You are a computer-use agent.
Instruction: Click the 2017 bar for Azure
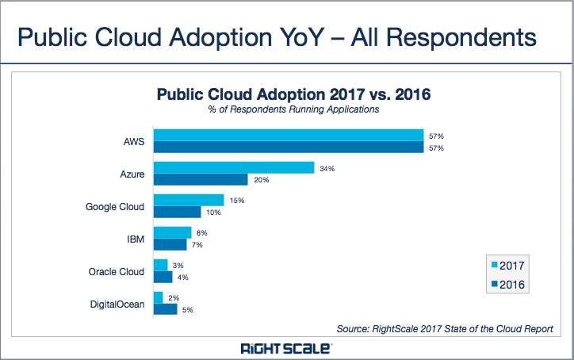click(x=234, y=167)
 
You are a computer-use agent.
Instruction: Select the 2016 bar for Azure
click(x=201, y=179)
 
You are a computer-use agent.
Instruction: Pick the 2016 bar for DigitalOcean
click(x=165, y=308)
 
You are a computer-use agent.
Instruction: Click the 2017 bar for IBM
click(x=172, y=232)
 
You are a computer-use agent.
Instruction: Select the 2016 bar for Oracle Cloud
click(x=163, y=277)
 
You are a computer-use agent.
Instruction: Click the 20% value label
click(x=261, y=180)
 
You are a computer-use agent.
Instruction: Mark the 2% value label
click(x=174, y=297)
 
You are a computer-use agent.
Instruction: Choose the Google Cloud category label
click(x=115, y=207)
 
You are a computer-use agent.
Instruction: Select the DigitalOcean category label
click(x=117, y=303)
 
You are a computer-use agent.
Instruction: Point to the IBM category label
click(x=136, y=239)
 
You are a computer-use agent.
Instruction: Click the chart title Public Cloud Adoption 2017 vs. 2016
click(x=293, y=95)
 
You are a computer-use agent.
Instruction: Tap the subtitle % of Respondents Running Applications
click(x=293, y=109)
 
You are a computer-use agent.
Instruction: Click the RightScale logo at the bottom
click(x=286, y=348)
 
